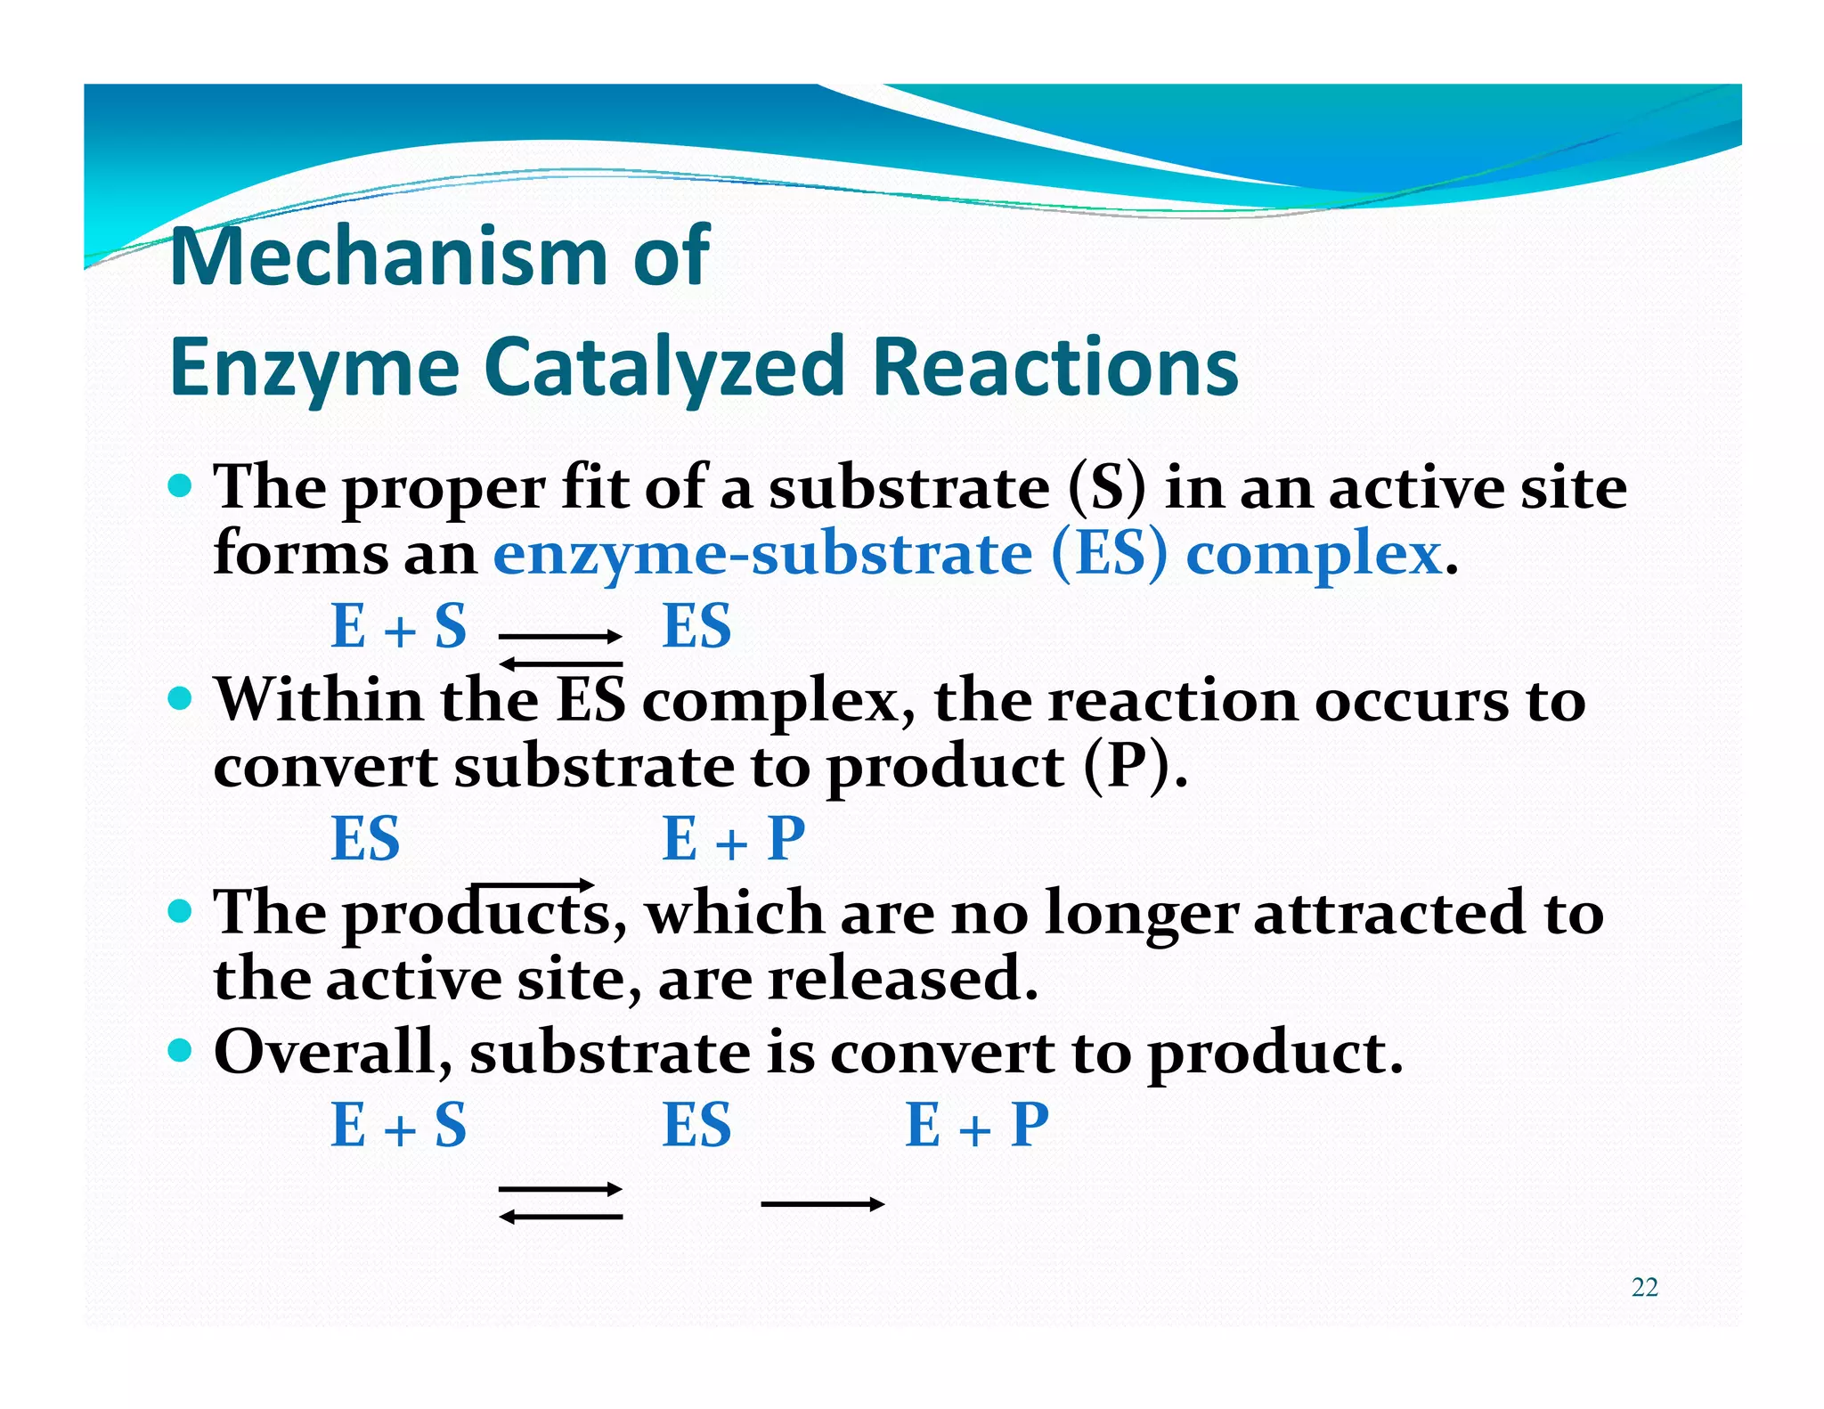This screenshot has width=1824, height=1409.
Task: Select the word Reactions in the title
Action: [x=1054, y=367]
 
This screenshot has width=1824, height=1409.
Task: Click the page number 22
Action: [x=1644, y=1287]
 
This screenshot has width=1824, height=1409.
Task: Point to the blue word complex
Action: [x=1314, y=555]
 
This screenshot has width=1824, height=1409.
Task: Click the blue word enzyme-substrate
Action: [x=762, y=555]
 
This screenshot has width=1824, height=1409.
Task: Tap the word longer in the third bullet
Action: [x=1141, y=915]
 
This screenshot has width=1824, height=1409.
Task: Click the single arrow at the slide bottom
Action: [x=822, y=1204]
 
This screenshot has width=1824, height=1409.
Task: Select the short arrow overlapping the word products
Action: [x=533, y=885]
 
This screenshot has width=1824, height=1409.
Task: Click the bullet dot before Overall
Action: [x=180, y=1051]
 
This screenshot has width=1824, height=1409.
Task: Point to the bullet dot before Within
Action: [x=180, y=698]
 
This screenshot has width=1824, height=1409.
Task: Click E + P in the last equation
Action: [x=976, y=1125]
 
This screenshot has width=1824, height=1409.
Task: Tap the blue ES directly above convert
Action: [x=365, y=839]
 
